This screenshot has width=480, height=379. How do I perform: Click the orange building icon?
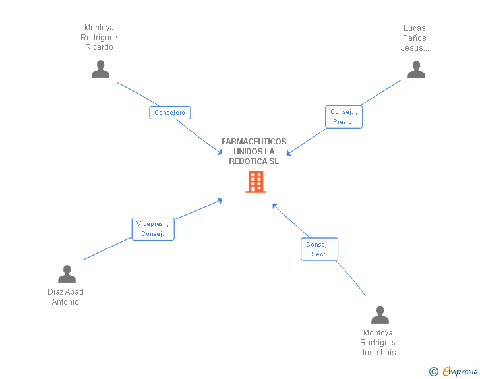tap(256, 182)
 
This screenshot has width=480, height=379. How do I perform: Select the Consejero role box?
tap(170, 113)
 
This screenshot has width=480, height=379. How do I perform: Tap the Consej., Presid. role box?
tap(344, 117)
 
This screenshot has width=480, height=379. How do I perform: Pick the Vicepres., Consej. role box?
tap(153, 229)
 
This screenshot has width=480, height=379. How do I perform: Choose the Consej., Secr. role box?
tap(319, 249)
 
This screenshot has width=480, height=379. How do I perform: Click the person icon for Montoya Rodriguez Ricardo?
tap(100, 69)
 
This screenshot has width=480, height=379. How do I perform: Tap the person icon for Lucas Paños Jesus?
tap(416, 69)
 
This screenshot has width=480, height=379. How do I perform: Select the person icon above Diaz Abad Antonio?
tap(67, 274)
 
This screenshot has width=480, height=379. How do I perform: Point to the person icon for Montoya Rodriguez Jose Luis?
tap(380, 314)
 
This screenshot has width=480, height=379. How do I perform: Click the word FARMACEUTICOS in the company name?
tap(254, 142)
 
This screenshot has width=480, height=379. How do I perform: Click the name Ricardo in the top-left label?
tap(99, 47)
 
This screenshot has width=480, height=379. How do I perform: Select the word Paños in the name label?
tap(415, 38)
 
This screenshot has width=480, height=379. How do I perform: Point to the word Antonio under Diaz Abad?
tap(65, 302)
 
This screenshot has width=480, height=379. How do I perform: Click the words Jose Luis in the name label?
tap(378, 353)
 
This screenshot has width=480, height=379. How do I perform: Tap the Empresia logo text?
tap(460, 371)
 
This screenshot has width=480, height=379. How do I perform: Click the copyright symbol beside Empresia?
tap(434, 372)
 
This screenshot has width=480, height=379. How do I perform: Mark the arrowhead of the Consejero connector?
tap(220, 152)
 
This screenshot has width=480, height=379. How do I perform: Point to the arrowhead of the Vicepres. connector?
tap(220, 201)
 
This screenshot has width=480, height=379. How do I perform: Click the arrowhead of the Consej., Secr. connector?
tap(274, 206)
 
